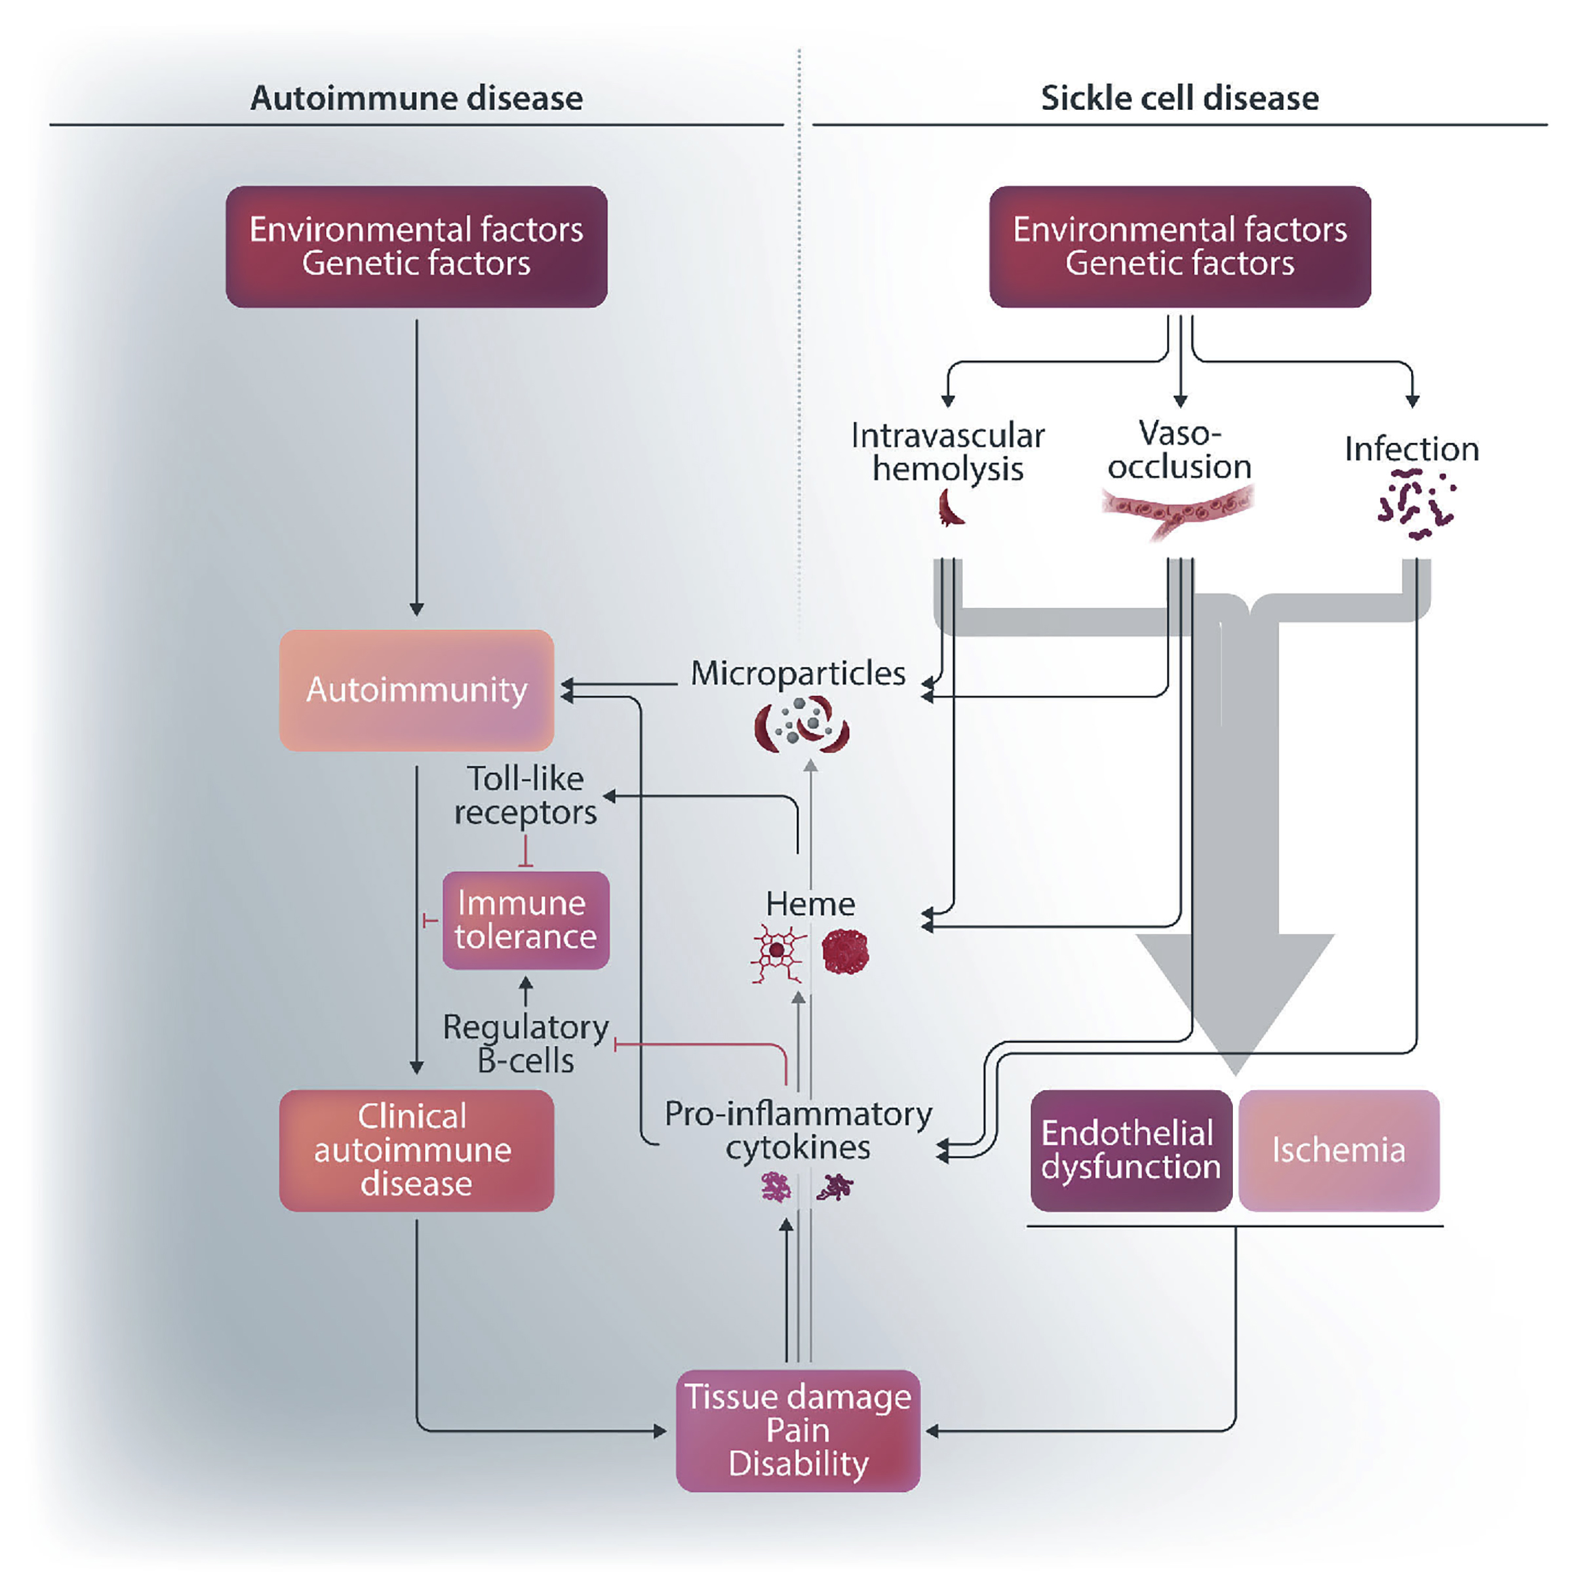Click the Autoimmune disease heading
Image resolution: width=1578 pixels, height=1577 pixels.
[x=416, y=99]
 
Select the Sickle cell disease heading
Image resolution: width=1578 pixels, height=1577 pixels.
[x=1179, y=99]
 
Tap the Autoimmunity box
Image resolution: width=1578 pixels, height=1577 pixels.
[x=416, y=690]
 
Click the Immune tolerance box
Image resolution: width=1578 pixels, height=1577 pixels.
[x=526, y=920]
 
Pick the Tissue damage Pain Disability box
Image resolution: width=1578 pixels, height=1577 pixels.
[x=798, y=1430]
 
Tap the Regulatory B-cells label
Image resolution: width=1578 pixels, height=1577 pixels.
[x=526, y=1043]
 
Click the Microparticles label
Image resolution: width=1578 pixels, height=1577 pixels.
[x=798, y=673]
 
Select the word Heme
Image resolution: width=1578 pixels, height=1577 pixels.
[x=810, y=904]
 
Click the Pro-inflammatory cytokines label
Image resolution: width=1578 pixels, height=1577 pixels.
[x=798, y=1130]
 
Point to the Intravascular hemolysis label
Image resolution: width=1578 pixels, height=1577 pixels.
[x=947, y=452]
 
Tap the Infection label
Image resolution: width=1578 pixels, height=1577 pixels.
[x=1411, y=449]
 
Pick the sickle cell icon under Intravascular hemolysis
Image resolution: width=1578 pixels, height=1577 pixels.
[x=950, y=508]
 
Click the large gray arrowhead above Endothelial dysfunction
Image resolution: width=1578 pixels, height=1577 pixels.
[x=1235, y=997]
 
